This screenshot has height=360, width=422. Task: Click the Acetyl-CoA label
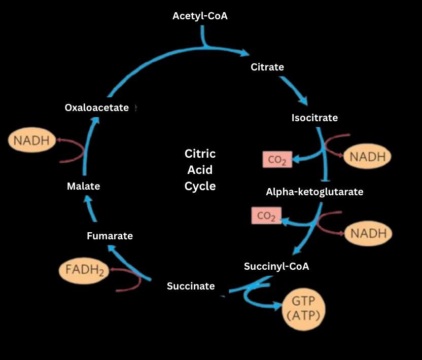200,16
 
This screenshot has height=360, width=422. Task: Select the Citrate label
267,67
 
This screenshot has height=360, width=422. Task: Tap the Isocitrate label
314,118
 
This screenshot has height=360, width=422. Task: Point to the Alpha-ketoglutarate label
314,192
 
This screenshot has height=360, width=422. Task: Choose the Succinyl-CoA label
276,266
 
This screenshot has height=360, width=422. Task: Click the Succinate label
191,286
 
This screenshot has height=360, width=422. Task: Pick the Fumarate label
110,236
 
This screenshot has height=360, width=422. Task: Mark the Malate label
83,186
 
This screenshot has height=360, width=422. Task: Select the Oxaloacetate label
97,107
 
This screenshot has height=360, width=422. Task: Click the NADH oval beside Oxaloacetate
31,140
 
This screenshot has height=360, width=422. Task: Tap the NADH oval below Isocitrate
367,157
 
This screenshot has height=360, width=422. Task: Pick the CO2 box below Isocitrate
277,160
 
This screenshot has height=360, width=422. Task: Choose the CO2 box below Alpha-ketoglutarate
266,216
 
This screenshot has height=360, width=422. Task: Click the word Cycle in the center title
200,186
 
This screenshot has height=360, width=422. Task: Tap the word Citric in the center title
200,154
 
